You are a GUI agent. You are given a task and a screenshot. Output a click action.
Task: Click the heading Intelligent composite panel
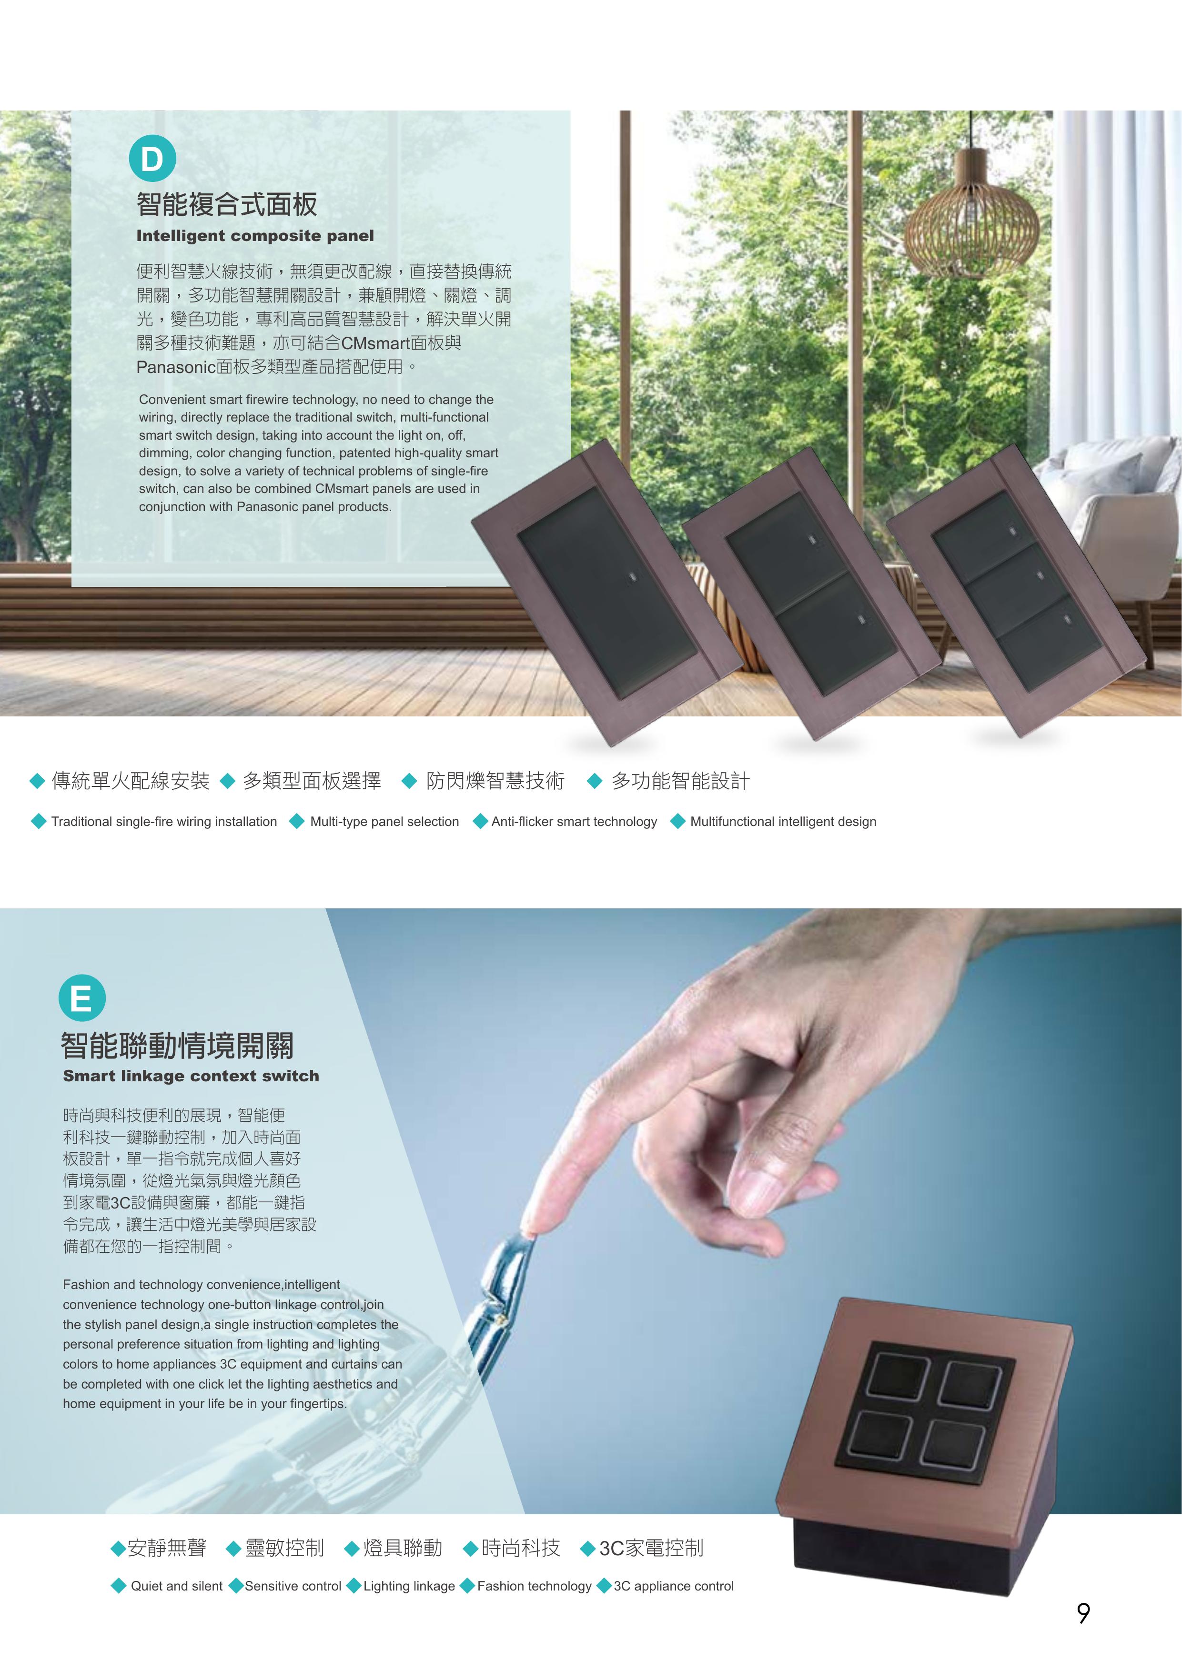pos(255,236)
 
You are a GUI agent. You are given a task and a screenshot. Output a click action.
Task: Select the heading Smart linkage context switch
pos(191,1076)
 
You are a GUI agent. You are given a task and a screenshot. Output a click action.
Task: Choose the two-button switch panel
pos(811,590)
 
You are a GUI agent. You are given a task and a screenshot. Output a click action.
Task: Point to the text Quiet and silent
pos(177,1586)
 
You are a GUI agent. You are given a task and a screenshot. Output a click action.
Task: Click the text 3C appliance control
pos(673,1586)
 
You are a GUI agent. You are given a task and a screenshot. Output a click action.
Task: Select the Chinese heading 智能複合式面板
pos(227,204)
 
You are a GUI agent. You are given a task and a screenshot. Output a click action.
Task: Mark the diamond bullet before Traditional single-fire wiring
pos(39,821)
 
